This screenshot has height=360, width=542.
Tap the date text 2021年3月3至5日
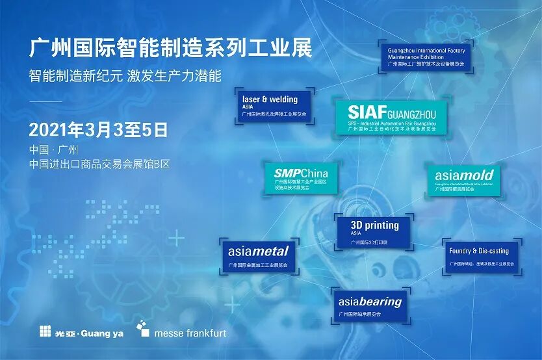pyautogui.click(x=98, y=129)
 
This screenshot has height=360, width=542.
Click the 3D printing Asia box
pyautogui.click(x=374, y=232)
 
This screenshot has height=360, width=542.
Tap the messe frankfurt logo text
pyautogui.click(x=190, y=333)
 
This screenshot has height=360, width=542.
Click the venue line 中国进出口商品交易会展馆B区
pyautogui.click(x=99, y=165)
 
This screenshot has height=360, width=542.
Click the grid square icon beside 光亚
pyautogui.click(x=44, y=331)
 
